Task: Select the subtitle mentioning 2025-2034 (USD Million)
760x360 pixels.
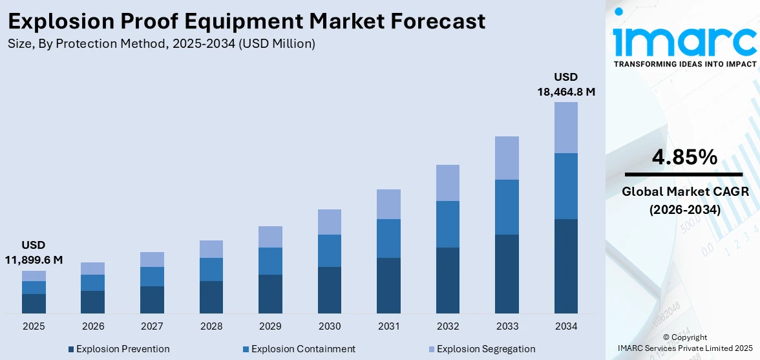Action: click(x=162, y=44)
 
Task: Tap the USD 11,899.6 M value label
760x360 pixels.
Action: click(x=34, y=253)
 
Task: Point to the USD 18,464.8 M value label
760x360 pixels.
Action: click(x=566, y=85)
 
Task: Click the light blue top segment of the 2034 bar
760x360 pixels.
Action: click(x=566, y=127)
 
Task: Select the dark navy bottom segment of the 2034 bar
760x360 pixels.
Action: click(x=566, y=266)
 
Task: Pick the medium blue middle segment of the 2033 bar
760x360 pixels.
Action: click(x=507, y=207)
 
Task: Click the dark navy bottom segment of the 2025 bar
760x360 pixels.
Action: click(x=34, y=304)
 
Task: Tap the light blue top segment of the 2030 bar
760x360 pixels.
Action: click(x=330, y=222)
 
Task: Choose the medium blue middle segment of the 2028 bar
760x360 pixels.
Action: click(x=211, y=270)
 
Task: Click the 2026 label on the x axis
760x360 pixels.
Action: click(x=93, y=326)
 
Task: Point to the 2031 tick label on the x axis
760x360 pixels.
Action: click(x=388, y=326)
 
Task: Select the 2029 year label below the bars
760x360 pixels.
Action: click(x=270, y=326)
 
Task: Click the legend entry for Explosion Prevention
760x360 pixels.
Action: click(x=119, y=349)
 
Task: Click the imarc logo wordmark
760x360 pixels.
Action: click(x=684, y=40)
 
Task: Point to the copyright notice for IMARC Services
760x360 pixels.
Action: click(x=685, y=343)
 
